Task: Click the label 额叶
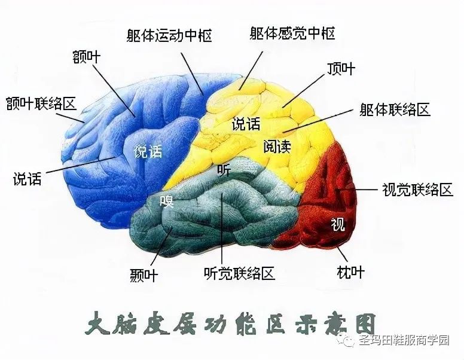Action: click(x=86, y=57)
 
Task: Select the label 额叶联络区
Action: click(x=41, y=103)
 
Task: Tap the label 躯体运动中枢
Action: click(x=169, y=36)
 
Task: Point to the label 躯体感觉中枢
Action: click(x=292, y=32)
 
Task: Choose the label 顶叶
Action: click(x=340, y=68)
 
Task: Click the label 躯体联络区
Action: click(x=395, y=109)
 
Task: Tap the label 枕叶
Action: click(x=350, y=273)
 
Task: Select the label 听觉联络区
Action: click(x=239, y=274)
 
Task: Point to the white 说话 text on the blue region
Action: click(x=148, y=151)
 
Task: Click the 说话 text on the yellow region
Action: click(x=246, y=125)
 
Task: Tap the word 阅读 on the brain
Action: click(x=276, y=147)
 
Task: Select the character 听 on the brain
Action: click(x=224, y=170)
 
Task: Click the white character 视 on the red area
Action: click(x=338, y=225)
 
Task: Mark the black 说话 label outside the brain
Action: click(x=28, y=178)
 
